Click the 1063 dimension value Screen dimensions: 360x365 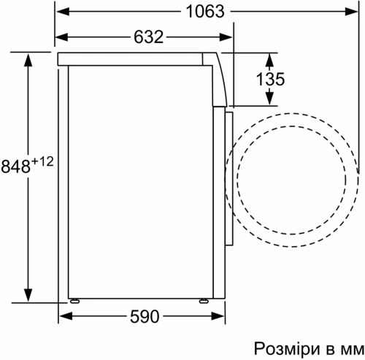pos(199,12)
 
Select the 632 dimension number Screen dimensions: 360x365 pos(143,37)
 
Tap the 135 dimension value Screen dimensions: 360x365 pos(271,80)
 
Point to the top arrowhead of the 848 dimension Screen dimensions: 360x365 pos(28,58)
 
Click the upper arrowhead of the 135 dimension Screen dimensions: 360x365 pos(270,58)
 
